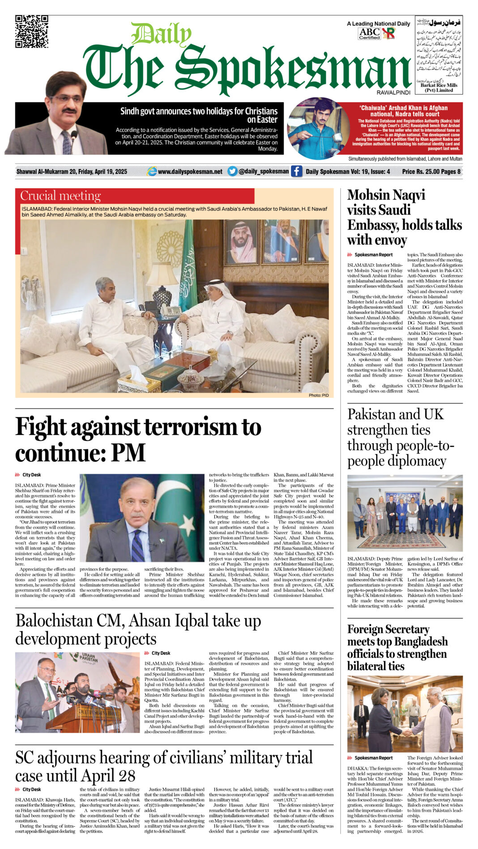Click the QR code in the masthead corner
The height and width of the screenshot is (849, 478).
(31, 31)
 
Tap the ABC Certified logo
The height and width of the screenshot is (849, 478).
(369, 34)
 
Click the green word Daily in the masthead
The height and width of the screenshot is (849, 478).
(161, 34)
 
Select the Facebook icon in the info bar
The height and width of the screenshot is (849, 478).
(296, 171)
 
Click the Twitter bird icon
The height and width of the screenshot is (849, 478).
(232, 171)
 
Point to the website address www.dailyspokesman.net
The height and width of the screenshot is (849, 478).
(190, 172)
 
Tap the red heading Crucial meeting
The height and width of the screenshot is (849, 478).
(60, 196)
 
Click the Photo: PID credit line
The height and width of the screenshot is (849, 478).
(318, 395)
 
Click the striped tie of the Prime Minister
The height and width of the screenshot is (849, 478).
(137, 545)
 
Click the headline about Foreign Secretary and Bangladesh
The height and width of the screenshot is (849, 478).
(397, 647)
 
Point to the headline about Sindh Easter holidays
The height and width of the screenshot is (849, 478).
(199, 115)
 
